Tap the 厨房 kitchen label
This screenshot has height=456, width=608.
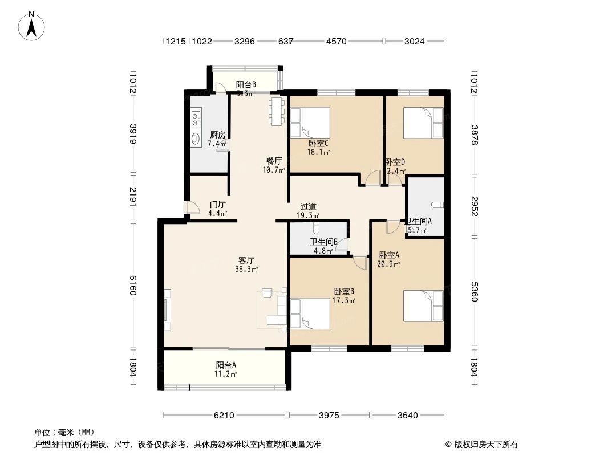[x=217, y=135]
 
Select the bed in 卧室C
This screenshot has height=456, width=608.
[x=310, y=123]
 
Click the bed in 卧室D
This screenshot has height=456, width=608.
[x=423, y=123]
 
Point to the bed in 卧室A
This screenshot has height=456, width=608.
[x=423, y=306]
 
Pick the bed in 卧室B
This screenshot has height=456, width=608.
[x=310, y=313]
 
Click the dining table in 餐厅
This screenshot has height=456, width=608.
[x=277, y=111]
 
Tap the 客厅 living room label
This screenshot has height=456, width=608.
[x=245, y=260]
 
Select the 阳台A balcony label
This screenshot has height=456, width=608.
[x=226, y=365]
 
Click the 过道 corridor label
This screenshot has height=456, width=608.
[x=309, y=207]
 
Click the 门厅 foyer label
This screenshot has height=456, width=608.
[x=217, y=205]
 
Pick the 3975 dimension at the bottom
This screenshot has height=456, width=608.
[x=329, y=416]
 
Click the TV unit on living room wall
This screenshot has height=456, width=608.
[x=167, y=310]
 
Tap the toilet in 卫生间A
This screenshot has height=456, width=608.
[x=437, y=205]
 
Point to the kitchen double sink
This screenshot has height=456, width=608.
[x=196, y=120]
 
